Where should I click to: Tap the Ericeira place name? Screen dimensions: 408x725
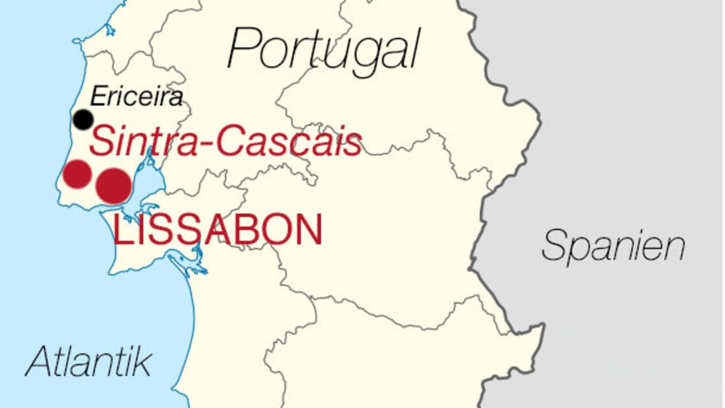(x=136, y=97)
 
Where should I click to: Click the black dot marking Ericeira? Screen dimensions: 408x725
(x=83, y=120)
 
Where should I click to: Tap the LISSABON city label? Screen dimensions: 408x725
(x=217, y=230)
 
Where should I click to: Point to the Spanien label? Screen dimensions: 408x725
(x=613, y=246)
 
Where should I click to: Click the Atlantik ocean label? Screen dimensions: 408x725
(x=88, y=362)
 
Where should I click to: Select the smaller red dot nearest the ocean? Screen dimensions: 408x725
(x=77, y=174)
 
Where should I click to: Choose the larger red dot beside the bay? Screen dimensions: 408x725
(x=113, y=185)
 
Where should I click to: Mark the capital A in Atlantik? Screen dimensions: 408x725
(x=38, y=362)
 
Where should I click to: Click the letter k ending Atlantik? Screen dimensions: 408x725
(x=142, y=362)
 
